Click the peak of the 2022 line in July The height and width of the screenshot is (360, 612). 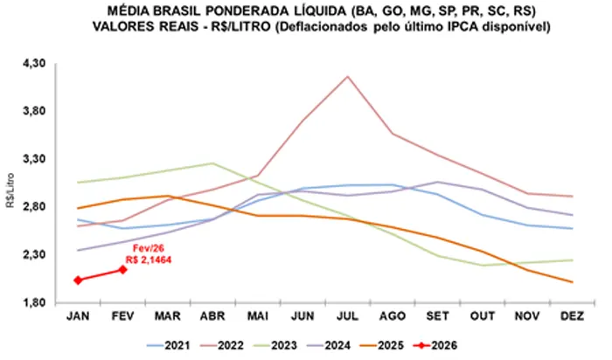coord(348,77)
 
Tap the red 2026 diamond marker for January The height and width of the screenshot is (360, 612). coord(78,280)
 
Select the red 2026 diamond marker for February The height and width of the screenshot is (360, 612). coord(123,269)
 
